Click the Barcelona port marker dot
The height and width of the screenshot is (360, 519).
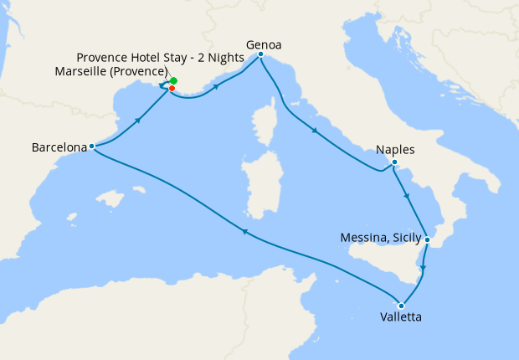pyautogui.click(x=91, y=147)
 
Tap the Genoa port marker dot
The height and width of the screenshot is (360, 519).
pyautogui.click(x=261, y=54)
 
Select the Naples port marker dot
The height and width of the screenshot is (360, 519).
pyautogui.click(x=393, y=162)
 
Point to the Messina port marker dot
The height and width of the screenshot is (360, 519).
pyautogui.click(x=427, y=239)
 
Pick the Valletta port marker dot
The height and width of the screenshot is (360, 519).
pyautogui.click(x=402, y=305)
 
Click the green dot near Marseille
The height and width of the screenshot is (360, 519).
pyautogui.click(x=173, y=81)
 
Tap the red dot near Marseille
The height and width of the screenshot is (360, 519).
pyautogui.click(x=172, y=88)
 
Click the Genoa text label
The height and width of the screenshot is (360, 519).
pyautogui.click(x=263, y=44)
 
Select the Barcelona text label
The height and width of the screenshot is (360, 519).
pyautogui.click(x=59, y=147)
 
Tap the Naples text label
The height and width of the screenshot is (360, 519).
pyautogui.click(x=395, y=150)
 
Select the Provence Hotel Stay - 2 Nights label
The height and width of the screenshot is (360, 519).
pyautogui.click(x=160, y=57)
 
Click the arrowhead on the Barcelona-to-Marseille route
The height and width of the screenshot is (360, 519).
pyautogui.click(x=136, y=121)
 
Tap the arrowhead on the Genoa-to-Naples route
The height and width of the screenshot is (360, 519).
pyautogui.click(x=314, y=130)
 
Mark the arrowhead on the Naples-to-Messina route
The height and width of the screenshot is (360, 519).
pyautogui.click(x=407, y=196)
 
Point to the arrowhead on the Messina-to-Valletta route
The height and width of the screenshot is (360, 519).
pyautogui.click(x=423, y=270)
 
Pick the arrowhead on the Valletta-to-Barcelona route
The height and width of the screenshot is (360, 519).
pyautogui.click(x=243, y=232)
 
